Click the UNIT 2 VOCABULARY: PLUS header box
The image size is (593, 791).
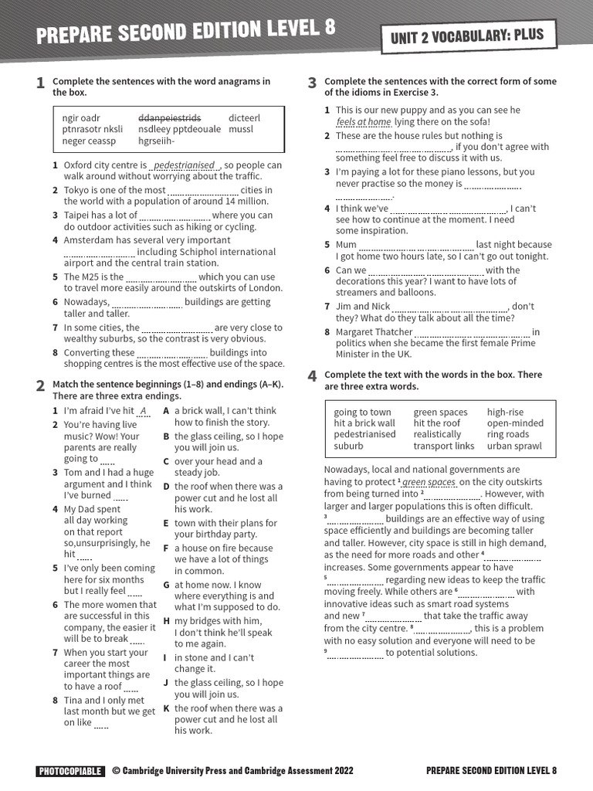coord(477,35)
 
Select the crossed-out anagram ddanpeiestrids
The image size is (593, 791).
coord(169,118)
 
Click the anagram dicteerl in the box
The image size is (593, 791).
coord(245,118)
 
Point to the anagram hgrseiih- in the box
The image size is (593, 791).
coord(157,141)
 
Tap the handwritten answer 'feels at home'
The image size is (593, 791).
coord(364,122)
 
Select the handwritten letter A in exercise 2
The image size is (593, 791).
coord(143,411)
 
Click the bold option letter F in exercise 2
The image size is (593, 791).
coord(166,548)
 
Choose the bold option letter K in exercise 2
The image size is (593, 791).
coord(166,708)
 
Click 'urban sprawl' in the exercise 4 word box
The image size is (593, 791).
coord(514,446)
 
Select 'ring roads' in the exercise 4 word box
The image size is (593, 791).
coord(508,434)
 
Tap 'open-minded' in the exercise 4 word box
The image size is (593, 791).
coord(515,423)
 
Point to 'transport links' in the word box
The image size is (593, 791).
coord(444,446)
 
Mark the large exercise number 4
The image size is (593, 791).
coord(312,376)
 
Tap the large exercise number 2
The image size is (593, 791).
coord(40,385)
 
